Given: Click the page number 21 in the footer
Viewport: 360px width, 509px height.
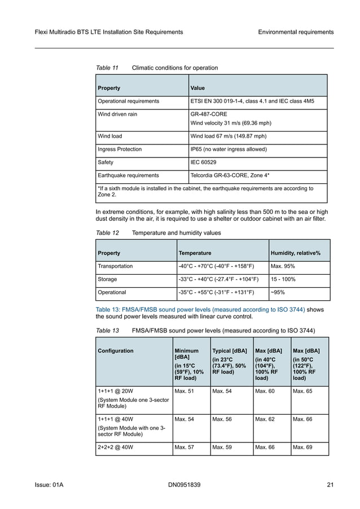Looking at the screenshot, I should [x=330, y=485].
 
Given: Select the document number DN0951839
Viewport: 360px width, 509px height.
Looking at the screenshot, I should [x=184, y=485].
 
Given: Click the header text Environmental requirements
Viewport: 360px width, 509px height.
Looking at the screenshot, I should [x=296, y=32].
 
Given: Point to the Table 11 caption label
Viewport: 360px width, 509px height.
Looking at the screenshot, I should [x=107, y=68].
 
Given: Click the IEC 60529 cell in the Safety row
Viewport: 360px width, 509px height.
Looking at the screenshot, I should [x=207, y=162].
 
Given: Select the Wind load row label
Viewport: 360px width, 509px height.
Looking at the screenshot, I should [x=109, y=136].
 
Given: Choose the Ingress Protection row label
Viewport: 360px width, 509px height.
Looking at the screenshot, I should [x=120, y=149].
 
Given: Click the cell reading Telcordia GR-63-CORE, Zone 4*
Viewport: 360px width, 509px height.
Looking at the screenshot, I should [x=230, y=175].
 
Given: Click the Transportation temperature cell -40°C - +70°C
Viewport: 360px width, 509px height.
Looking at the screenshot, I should [x=216, y=266].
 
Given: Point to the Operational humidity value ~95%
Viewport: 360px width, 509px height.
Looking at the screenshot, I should [x=278, y=292].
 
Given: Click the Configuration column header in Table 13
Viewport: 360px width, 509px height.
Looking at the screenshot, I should [x=116, y=350].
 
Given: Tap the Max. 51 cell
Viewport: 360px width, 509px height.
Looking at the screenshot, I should [x=184, y=390].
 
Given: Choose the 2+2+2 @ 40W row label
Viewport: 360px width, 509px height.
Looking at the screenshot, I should [x=116, y=449].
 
